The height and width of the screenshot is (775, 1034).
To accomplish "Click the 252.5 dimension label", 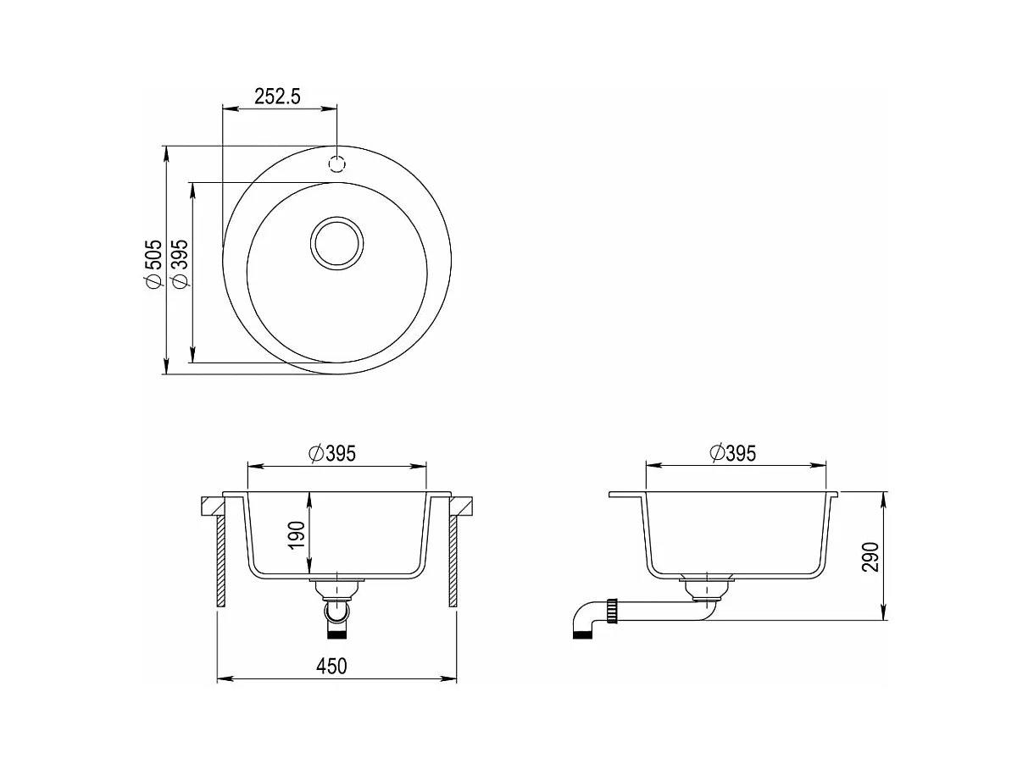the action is tap(277, 97).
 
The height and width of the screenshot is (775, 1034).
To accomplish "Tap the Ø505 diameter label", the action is tap(153, 263).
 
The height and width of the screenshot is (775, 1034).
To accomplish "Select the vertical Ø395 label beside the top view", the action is tap(180, 263).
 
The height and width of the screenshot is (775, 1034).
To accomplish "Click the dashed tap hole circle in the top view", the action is tap(336, 163).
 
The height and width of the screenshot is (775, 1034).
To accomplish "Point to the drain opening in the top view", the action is tap(336, 243).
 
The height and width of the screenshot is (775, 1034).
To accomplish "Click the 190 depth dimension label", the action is tap(297, 534).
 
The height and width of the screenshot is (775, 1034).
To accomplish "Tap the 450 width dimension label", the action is tap(331, 667).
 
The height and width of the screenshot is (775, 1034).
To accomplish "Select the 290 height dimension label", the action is tap(870, 557).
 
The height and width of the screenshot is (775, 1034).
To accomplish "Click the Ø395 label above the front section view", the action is tap(332, 453).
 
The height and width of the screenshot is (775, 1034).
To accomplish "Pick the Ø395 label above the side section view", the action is tap(732, 453).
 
